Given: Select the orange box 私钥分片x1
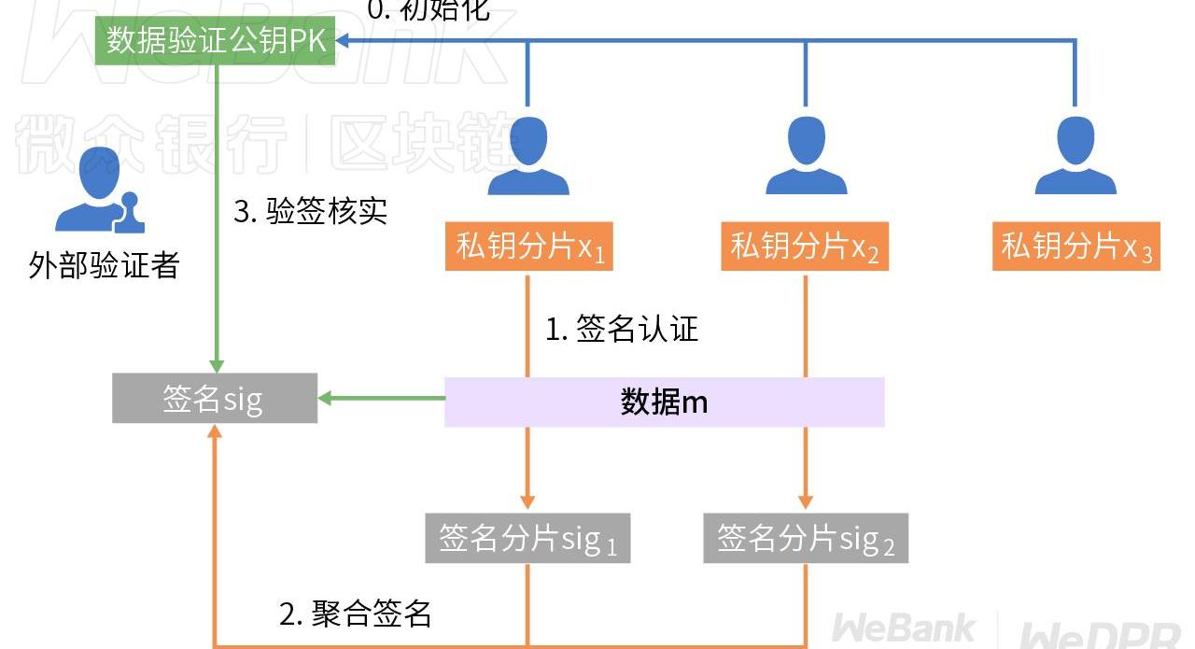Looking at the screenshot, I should (527, 247).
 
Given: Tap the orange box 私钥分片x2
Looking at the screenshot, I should (805, 247).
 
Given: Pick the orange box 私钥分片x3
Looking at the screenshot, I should (1075, 247).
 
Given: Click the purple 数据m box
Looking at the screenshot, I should (664, 402).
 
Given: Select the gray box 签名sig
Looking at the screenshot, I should (215, 399).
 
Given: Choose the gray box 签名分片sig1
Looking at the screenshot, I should (527, 538).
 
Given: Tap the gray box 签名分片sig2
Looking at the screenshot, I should (805, 538).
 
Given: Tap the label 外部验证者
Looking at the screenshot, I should (104, 266).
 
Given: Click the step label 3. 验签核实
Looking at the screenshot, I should (310, 212).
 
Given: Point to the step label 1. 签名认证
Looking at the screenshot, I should (622, 329).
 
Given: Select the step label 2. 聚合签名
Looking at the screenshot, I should (356, 614).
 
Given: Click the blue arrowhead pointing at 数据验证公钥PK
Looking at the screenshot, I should (343, 41).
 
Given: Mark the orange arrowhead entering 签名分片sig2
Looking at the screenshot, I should (806, 502).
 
